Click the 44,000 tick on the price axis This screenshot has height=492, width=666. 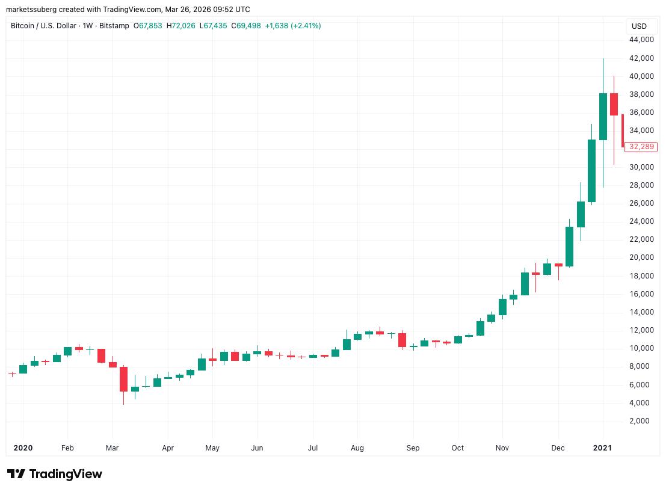(x=641, y=40)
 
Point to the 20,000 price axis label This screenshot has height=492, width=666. (x=641, y=257)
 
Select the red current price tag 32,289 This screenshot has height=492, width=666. (x=641, y=147)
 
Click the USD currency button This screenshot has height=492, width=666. (x=639, y=26)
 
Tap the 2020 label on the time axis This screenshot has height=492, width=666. (x=23, y=447)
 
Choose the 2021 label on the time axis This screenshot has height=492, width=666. (x=602, y=447)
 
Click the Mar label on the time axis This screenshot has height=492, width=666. (x=112, y=447)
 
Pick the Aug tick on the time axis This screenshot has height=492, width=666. (x=357, y=447)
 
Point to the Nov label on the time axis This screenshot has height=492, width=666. (x=502, y=447)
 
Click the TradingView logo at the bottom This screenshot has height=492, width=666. (x=55, y=474)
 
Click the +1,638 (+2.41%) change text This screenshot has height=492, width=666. (x=293, y=26)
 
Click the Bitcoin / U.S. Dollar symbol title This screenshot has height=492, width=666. (x=43, y=26)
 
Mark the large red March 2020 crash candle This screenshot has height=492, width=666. (x=123, y=379)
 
